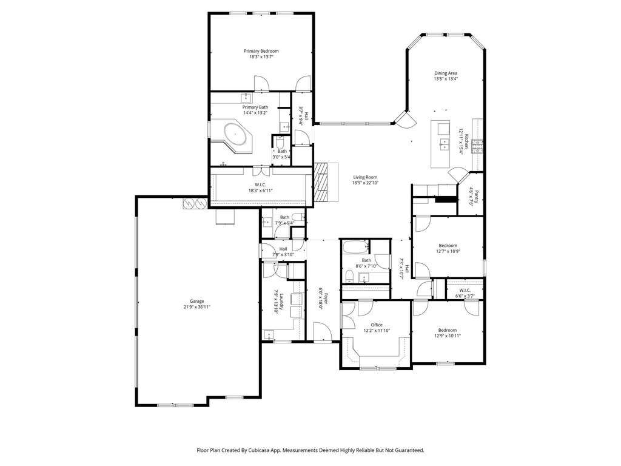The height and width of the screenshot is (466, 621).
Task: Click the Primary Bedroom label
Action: pos(261,51)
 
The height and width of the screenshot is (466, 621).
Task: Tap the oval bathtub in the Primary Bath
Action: pos(237,133)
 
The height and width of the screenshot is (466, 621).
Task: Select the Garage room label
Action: pos(197,301)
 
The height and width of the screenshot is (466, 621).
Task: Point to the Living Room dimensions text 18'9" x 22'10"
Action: pos(364,183)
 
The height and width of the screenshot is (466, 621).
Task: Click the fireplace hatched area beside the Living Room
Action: pos(321,182)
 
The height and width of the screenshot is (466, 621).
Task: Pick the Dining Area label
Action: pos(446,73)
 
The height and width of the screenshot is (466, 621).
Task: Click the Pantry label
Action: pos(477,197)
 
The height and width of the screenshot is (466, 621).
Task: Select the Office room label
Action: pos(377,325)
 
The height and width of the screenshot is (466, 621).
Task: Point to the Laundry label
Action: pos(281,301)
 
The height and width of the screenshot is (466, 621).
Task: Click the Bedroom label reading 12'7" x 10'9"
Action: pos(448,246)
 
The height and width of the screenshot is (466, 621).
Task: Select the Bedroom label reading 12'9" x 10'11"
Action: pos(448,330)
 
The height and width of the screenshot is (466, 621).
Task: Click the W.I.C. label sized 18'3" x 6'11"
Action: pos(260,185)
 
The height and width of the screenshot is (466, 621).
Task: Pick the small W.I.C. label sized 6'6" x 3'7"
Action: pos(465,290)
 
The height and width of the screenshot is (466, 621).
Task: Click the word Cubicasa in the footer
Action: pos(258,450)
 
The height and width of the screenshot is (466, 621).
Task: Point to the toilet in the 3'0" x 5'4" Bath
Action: pos(280,142)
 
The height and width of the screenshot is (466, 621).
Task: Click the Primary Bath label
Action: pos(255,107)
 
